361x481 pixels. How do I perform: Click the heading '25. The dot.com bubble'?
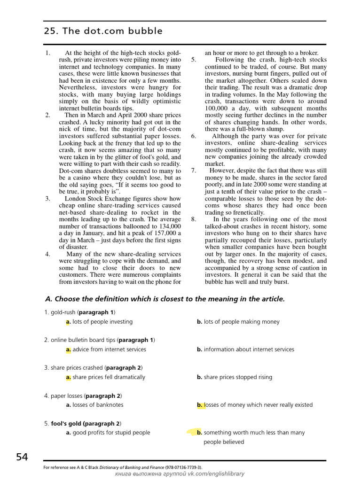(x=103, y=31)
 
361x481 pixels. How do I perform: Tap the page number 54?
(x=22, y=457)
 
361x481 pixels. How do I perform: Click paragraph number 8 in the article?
(x=194, y=219)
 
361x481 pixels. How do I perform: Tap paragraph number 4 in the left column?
(x=47, y=254)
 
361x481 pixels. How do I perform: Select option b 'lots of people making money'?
(x=238, y=322)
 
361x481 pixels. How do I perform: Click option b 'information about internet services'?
(x=245, y=349)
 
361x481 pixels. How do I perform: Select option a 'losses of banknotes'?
(x=94, y=405)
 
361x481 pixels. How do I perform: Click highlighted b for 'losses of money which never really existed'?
(x=200, y=405)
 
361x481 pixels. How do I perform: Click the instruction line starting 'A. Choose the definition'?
(x=165, y=299)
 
